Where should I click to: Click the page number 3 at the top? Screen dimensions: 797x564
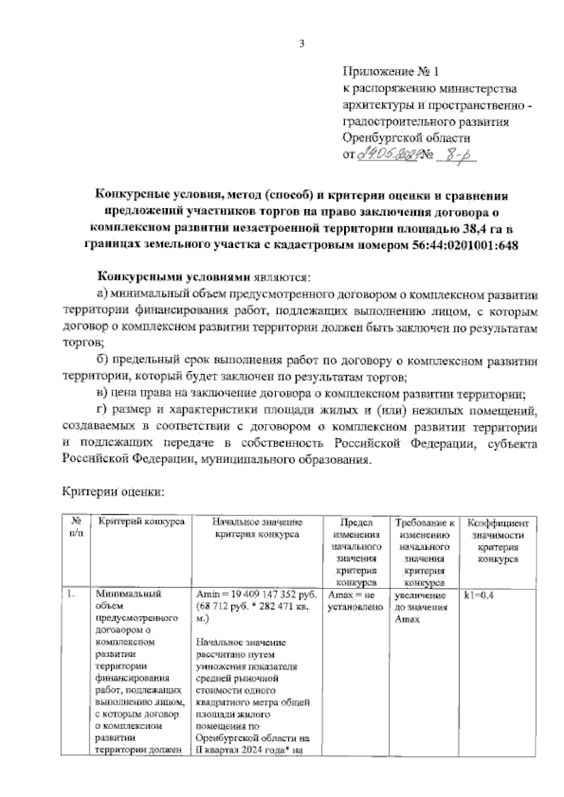(302, 44)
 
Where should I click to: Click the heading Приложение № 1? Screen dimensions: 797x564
(391, 73)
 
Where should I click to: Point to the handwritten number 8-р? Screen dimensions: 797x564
(455, 154)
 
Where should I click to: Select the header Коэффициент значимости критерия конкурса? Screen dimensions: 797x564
(497, 541)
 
